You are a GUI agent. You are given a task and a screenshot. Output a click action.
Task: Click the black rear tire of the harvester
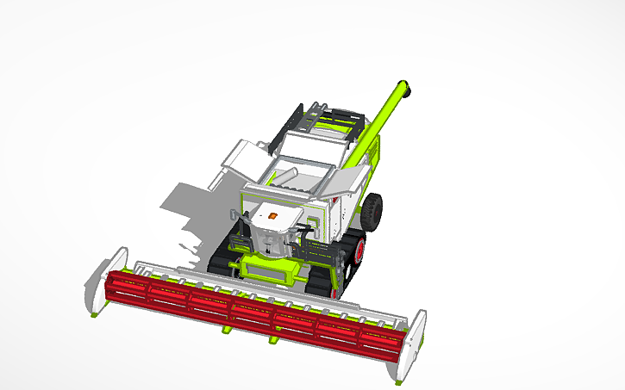pyautogui.click(x=372, y=211)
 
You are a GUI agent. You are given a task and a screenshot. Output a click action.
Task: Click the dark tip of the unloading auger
pyautogui.click(x=407, y=88)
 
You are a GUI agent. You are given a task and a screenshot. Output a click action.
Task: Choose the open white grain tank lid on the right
pyautogui.click(x=349, y=181)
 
